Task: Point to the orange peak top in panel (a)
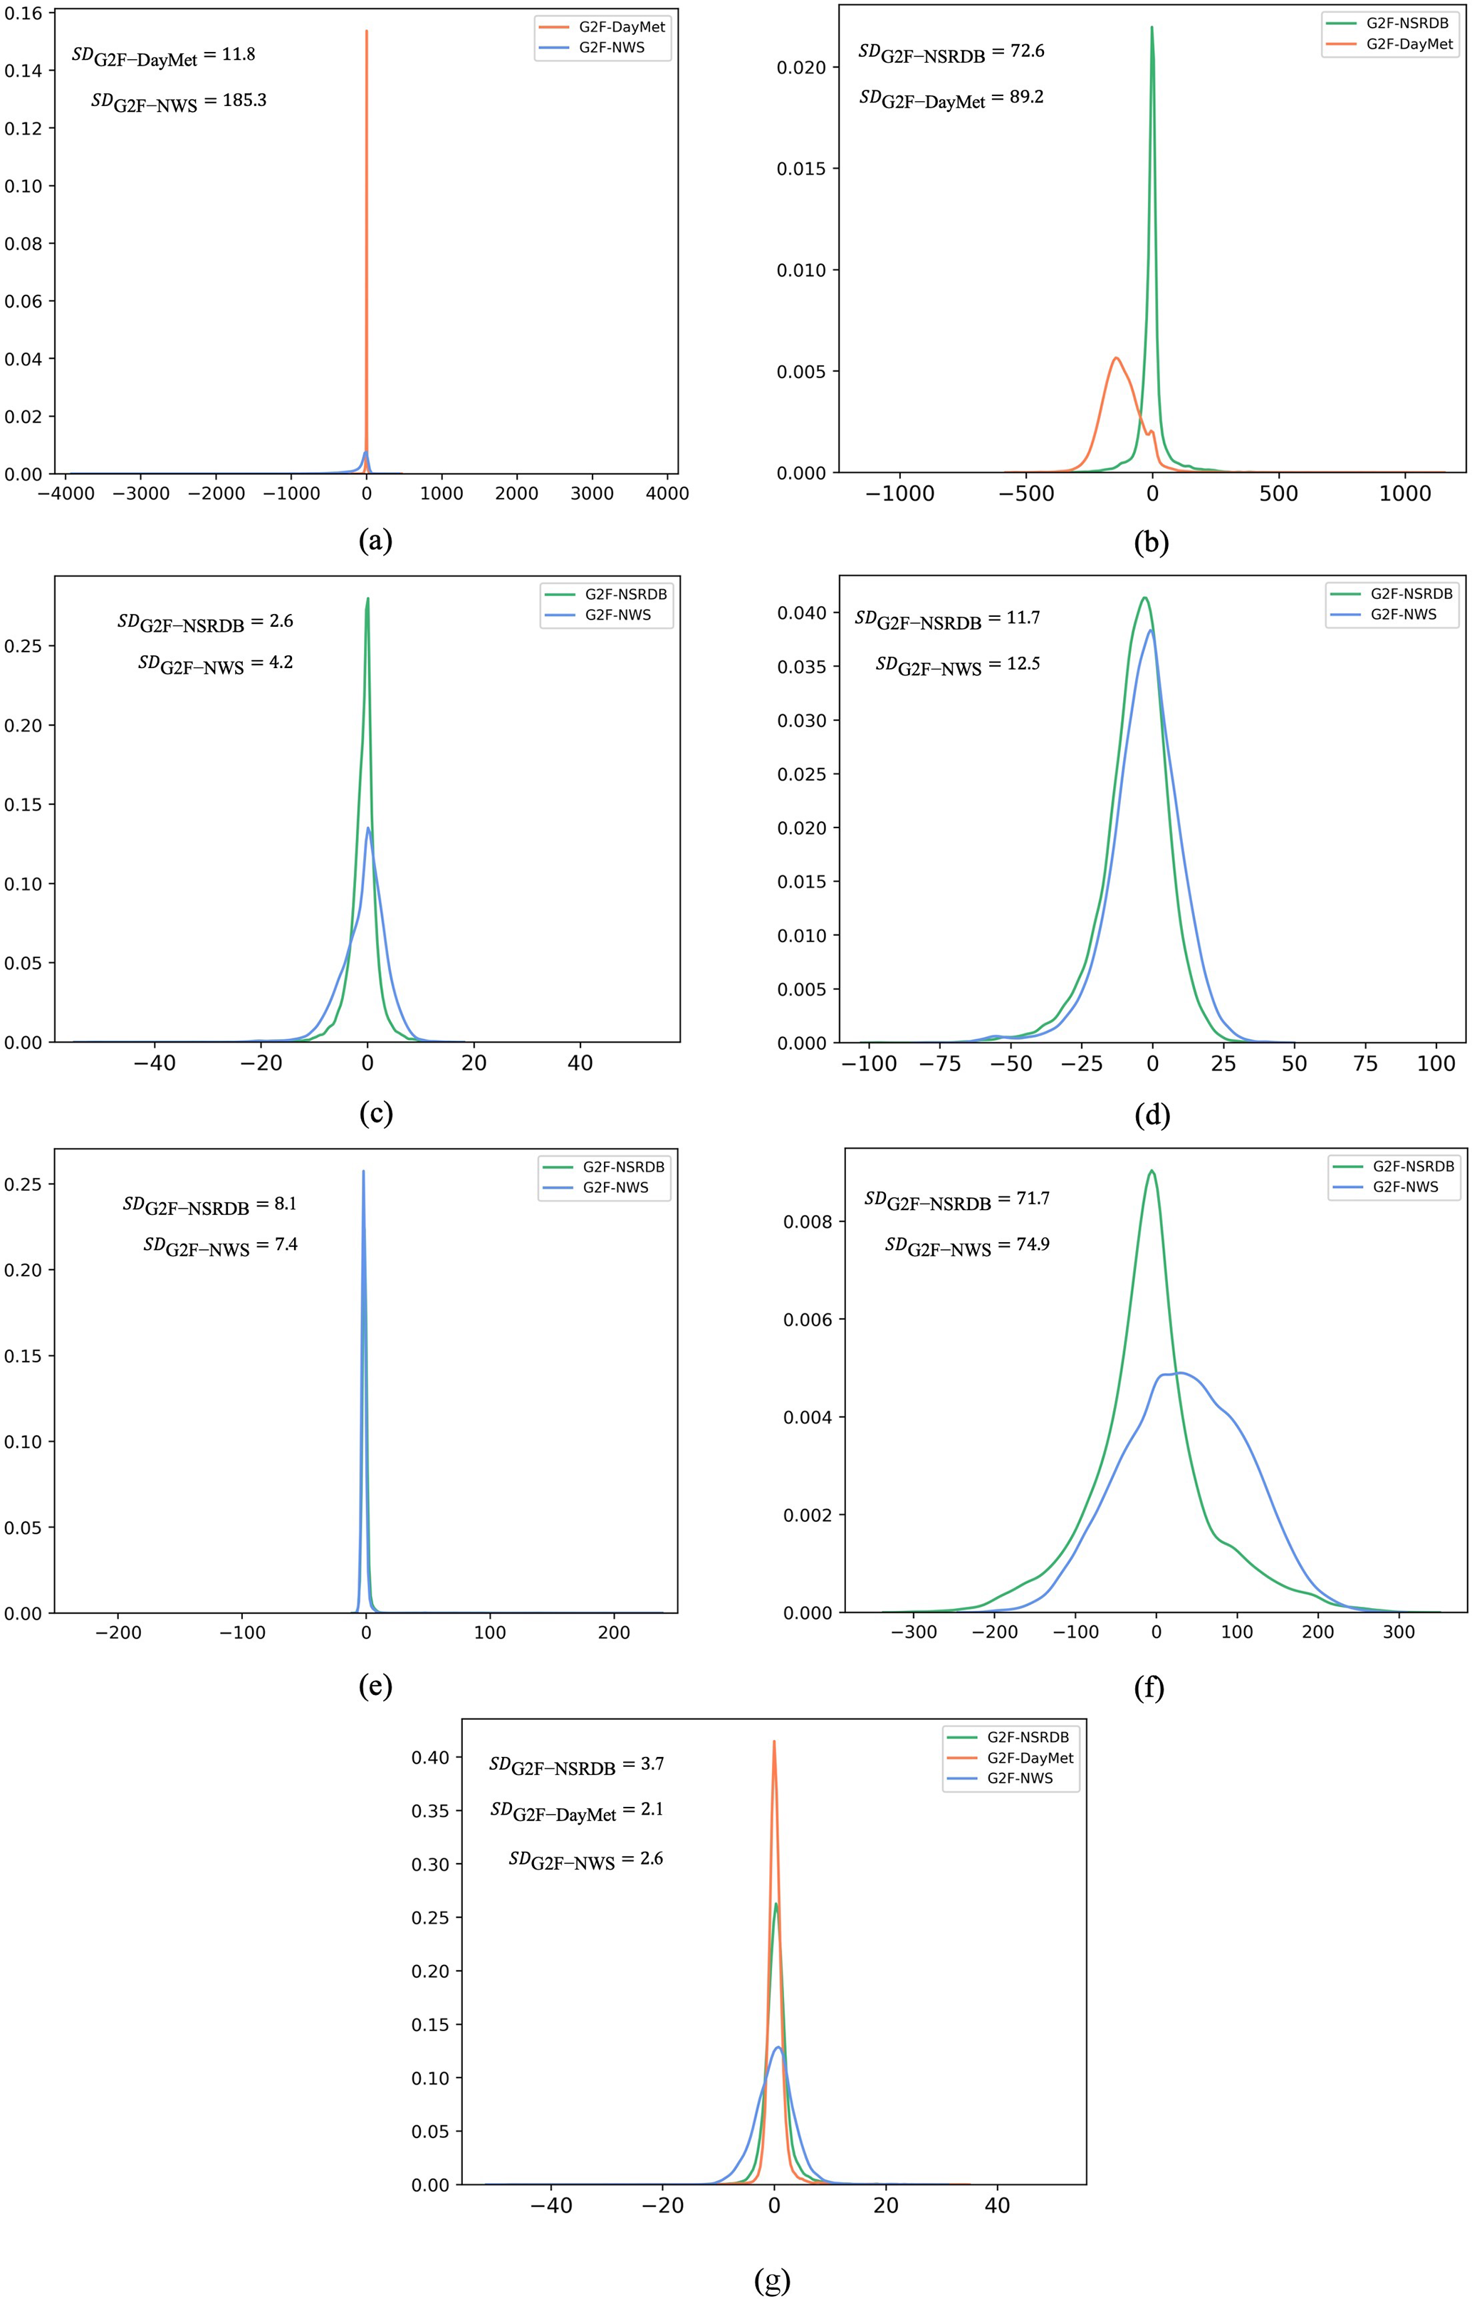(x=366, y=31)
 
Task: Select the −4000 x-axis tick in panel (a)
(x=66, y=494)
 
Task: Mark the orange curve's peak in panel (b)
(x=1115, y=358)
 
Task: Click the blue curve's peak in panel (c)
(x=368, y=828)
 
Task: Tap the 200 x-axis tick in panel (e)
(x=614, y=1632)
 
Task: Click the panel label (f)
(x=1148, y=1688)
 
